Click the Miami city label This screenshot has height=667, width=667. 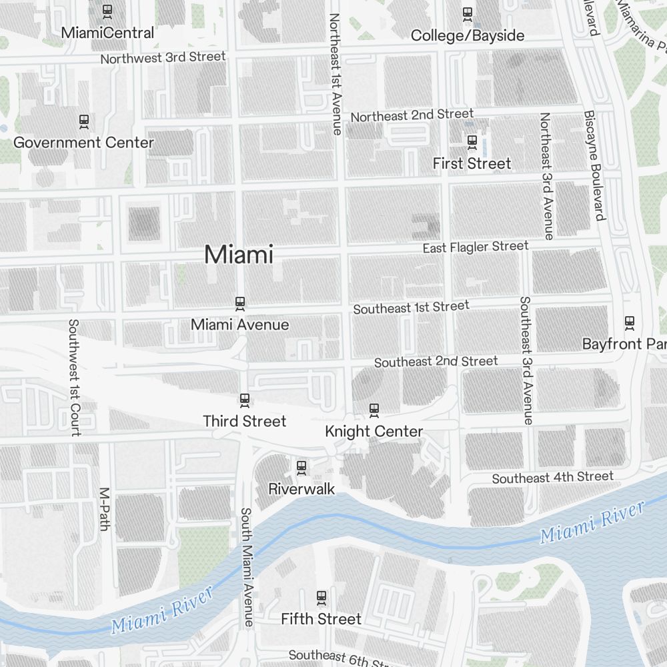point(239,255)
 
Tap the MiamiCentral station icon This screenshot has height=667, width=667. point(107,11)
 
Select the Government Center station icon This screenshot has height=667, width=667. point(84,121)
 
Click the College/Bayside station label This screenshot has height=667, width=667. point(468,35)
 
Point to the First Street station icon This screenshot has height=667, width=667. point(472,141)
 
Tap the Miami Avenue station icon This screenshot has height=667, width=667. point(240,303)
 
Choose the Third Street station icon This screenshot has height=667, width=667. point(245,400)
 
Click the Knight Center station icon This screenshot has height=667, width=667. point(374,410)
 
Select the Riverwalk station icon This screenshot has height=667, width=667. point(301,467)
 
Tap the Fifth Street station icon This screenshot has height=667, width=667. point(321,597)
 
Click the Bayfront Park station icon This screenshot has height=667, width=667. point(629,323)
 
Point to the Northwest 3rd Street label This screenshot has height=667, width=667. point(163,58)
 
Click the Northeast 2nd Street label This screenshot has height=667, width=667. point(412,115)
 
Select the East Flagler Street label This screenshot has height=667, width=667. point(476,247)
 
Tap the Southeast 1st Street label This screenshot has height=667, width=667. point(412,307)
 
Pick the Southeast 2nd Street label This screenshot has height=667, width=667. point(436,362)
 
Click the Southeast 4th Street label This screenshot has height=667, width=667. point(552,478)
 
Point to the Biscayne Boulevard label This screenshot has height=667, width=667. point(595,165)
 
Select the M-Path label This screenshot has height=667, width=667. point(103,510)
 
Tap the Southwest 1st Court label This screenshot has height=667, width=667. point(74,378)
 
